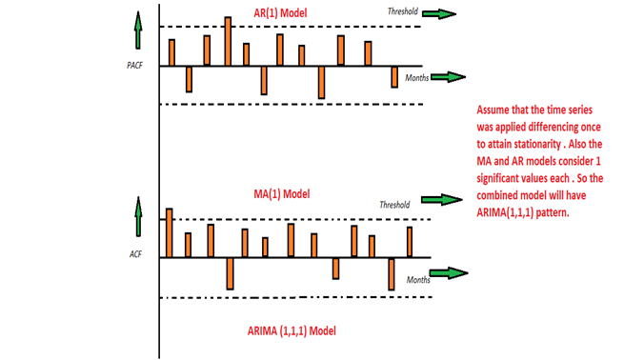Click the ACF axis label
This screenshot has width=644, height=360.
tap(134, 255)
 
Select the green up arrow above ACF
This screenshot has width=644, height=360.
tap(137, 216)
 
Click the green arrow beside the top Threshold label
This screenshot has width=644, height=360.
tap(440, 13)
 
